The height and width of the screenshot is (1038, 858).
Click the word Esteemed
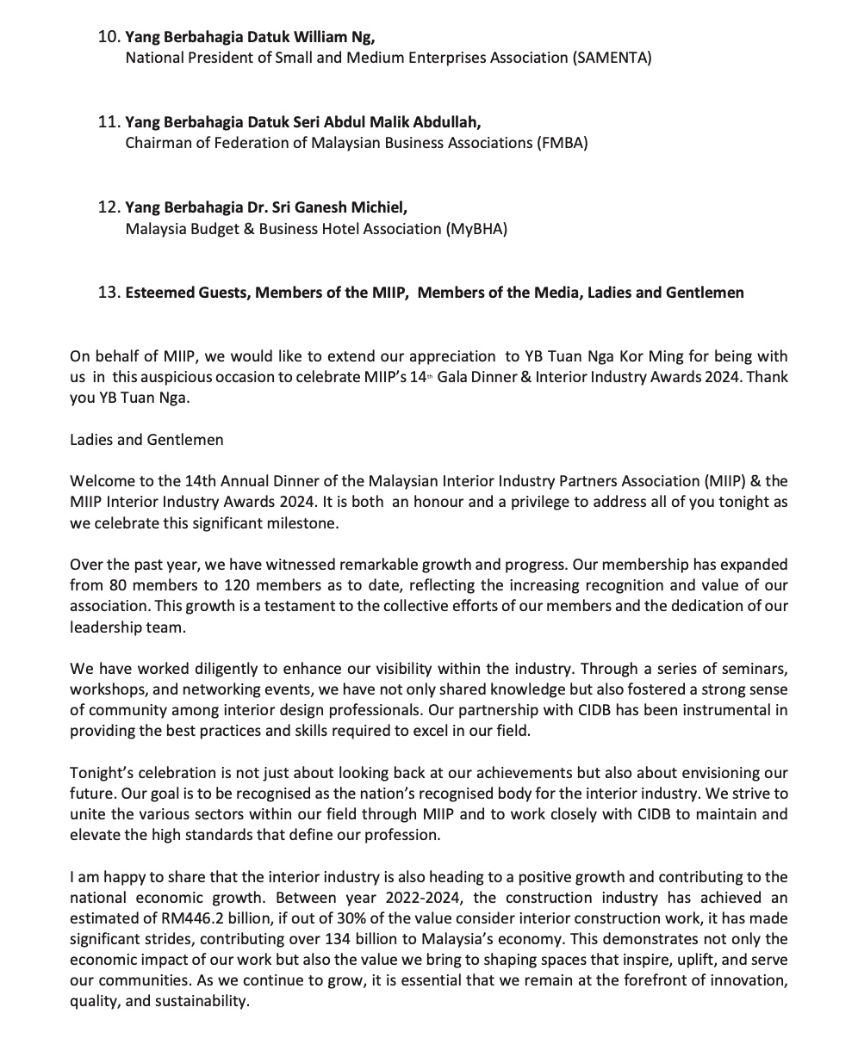coord(158,293)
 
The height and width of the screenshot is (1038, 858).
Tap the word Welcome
coord(101,481)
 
